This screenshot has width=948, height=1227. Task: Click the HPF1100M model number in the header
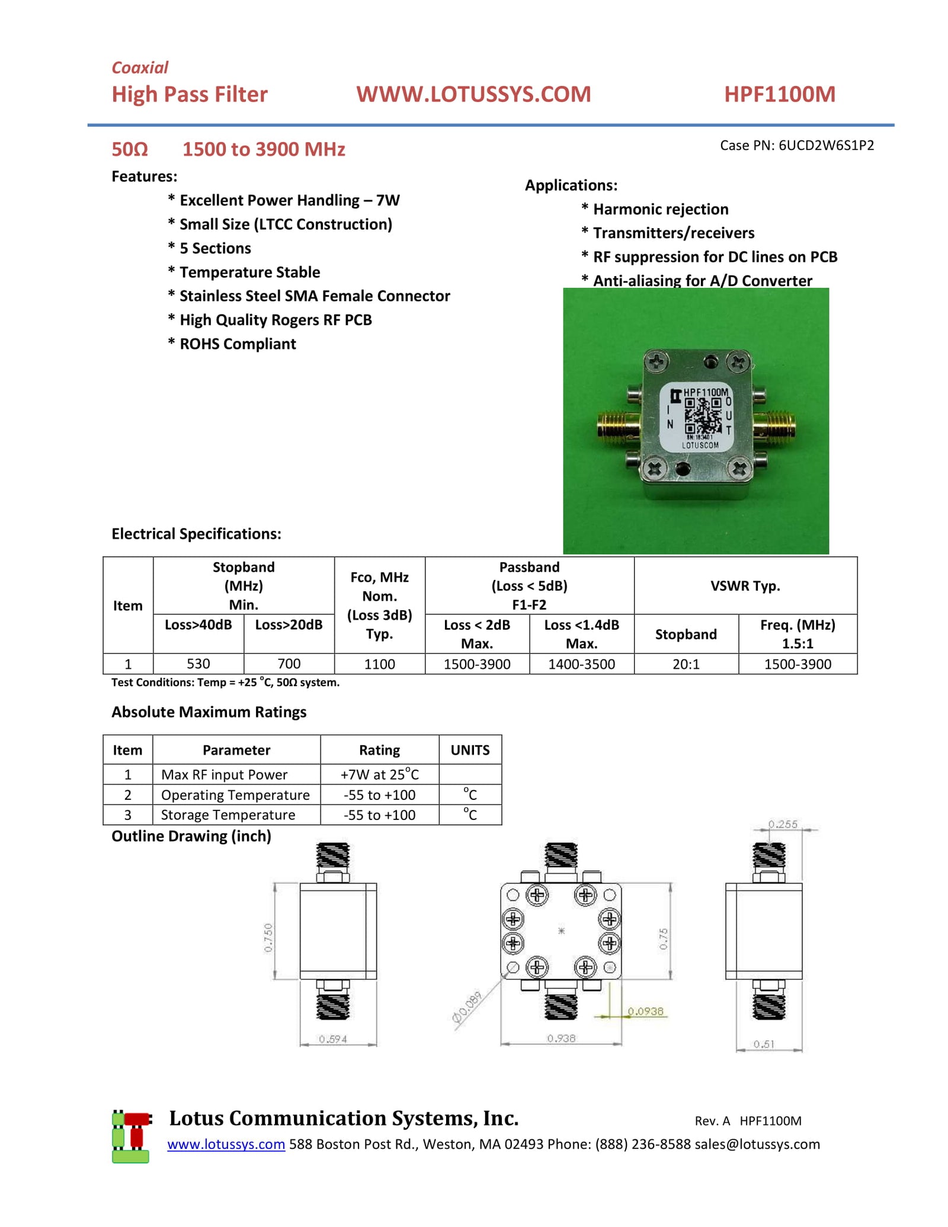pyautogui.click(x=779, y=94)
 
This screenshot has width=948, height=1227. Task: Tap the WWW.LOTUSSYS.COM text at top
pyautogui.click(x=473, y=94)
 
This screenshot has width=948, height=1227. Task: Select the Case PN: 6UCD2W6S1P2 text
pyautogui.click(x=796, y=145)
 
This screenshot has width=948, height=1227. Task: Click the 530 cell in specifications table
pyautogui.click(x=198, y=664)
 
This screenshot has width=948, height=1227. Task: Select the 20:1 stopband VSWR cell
pyautogui.click(x=686, y=664)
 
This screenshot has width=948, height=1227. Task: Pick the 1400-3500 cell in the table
pyautogui.click(x=581, y=664)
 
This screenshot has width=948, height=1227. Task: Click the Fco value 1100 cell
pyautogui.click(x=379, y=664)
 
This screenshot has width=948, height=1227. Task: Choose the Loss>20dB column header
pyautogui.click(x=289, y=624)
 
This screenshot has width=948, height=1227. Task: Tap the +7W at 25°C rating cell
pyautogui.click(x=379, y=774)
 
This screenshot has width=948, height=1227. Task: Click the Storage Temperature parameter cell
pyautogui.click(x=228, y=815)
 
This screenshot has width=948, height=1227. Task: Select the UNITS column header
pyautogui.click(x=470, y=750)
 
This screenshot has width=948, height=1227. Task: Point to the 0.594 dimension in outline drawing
pyautogui.click(x=332, y=1039)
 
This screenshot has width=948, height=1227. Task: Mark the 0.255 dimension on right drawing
pyautogui.click(x=782, y=824)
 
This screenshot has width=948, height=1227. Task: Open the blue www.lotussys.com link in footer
pyautogui.click(x=226, y=1144)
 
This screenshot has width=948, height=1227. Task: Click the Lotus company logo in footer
pyautogui.click(x=131, y=1136)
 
